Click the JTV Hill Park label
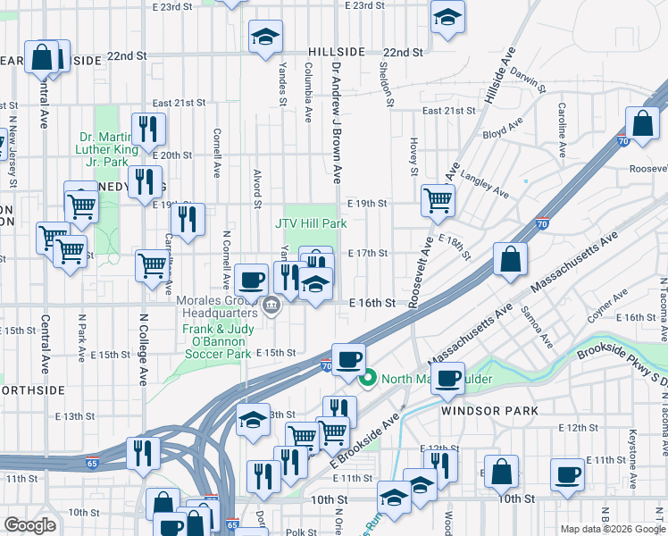pos(310,223)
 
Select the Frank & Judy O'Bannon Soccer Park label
pos(216,341)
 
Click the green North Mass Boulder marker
pos(366,379)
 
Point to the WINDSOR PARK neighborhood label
pos(489,410)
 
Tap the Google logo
pos(29,525)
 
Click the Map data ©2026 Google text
pos(612,529)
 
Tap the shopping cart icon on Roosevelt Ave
pos(437,200)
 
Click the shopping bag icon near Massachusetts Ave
pos(509,260)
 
